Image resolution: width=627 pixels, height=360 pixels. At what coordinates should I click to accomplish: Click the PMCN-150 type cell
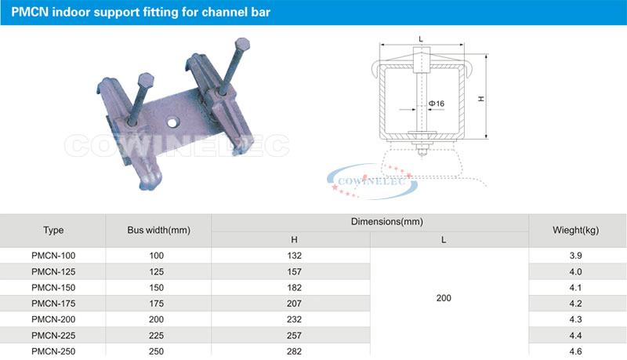[x=53, y=288]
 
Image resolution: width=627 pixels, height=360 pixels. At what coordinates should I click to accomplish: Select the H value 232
[x=294, y=319]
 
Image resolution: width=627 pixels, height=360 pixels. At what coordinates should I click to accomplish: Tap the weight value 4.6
[x=575, y=351]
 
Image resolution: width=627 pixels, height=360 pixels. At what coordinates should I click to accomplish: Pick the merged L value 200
[x=444, y=298]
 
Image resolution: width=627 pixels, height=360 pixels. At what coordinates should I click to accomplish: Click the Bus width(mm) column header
[x=159, y=231]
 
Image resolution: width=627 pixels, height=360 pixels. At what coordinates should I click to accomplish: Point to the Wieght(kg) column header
[x=575, y=231]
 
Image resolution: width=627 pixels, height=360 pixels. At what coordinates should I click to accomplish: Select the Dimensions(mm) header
[x=386, y=222]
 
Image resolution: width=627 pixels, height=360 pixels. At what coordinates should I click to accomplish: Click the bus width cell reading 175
[x=156, y=304]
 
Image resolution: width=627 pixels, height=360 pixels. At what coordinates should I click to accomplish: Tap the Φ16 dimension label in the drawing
[x=437, y=104]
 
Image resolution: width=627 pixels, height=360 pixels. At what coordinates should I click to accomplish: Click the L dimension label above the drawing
[x=421, y=38]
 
